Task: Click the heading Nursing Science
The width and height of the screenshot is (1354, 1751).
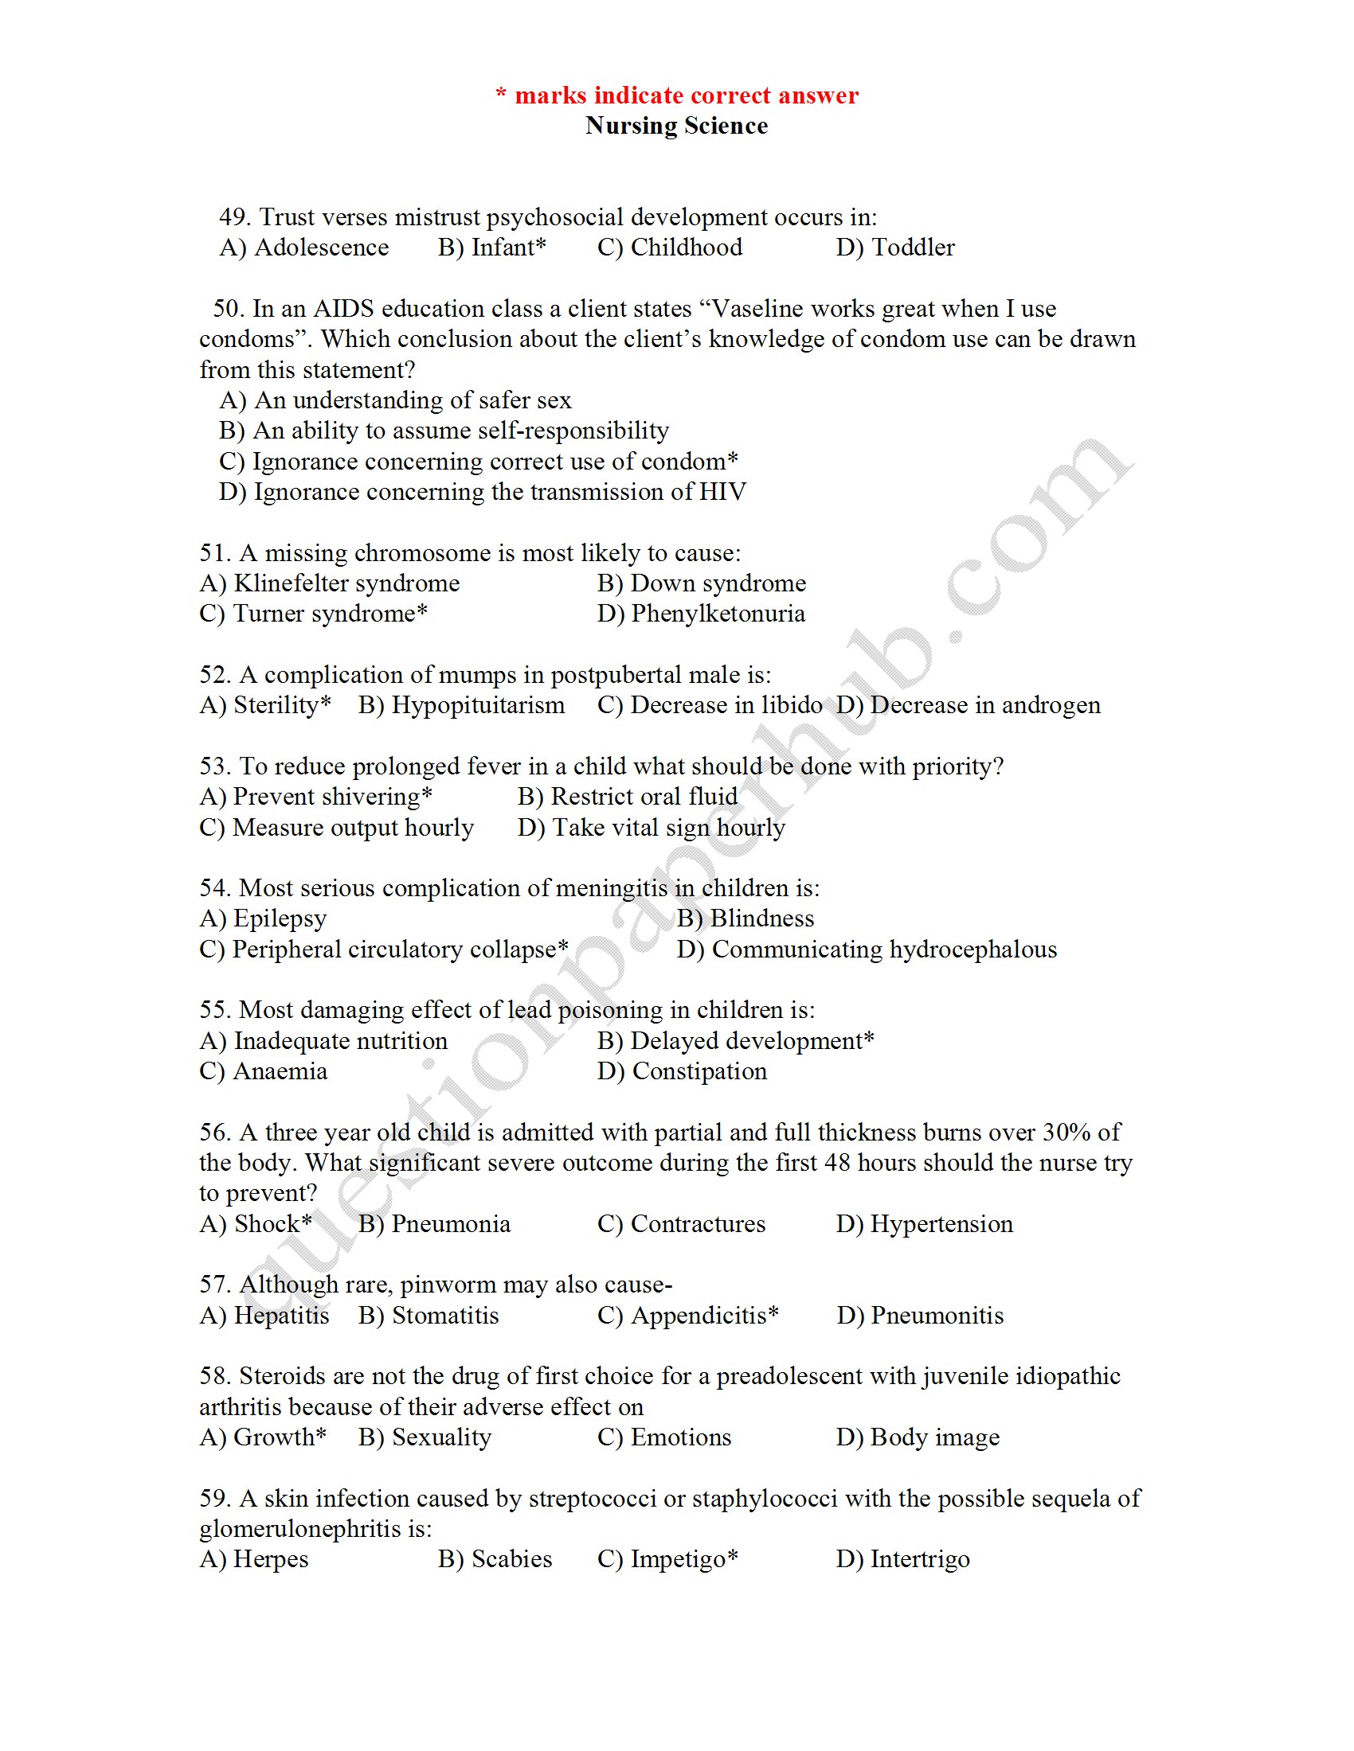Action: pos(676,126)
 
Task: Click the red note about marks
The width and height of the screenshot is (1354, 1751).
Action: pos(676,96)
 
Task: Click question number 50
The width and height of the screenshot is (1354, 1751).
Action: pos(229,309)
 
